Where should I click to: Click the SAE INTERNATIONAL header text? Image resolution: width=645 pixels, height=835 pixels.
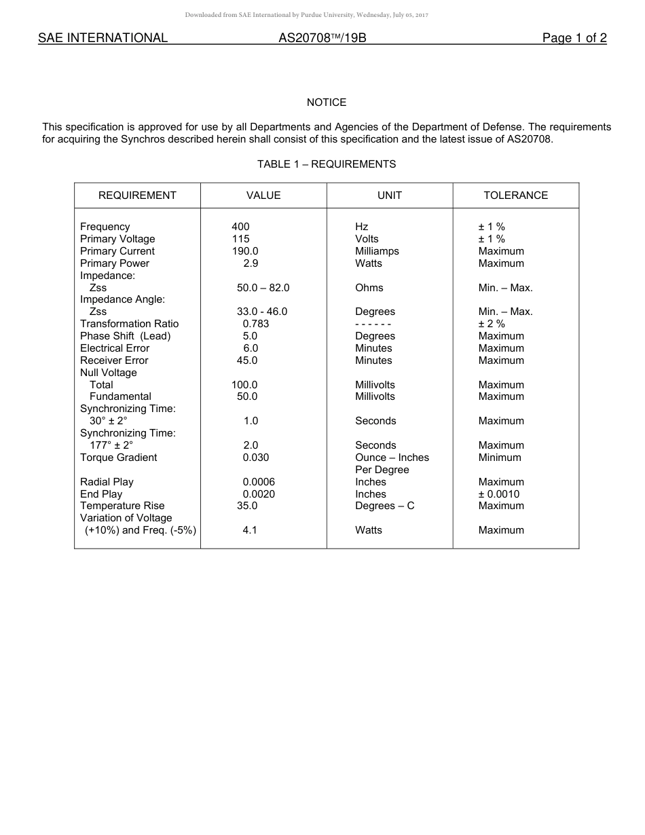(x=103, y=38)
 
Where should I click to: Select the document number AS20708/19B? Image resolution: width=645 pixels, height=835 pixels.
(x=322, y=38)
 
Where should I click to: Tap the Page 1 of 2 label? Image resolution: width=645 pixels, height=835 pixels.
(x=574, y=38)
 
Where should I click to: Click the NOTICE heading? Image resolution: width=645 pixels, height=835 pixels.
(x=327, y=103)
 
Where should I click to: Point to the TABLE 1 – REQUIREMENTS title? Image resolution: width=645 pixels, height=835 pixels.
(x=327, y=164)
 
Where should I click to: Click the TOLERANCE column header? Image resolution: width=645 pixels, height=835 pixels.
(x=515, y=196)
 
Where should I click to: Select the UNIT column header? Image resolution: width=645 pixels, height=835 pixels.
(x=390, y=196)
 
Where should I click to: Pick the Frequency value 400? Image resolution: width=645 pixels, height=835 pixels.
(x=240, y=227)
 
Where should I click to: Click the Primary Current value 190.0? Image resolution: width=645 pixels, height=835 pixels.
(x=244, y=251)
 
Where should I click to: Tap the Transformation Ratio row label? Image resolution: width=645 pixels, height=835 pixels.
(x=129, y=324)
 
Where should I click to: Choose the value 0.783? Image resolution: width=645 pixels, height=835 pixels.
(x=255, y=324)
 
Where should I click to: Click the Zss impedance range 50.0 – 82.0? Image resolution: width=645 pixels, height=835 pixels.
(x=263, y=288)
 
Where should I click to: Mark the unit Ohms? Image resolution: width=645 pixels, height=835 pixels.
(x=369, y=288)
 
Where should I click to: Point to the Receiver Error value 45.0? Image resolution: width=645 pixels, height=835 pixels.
(x=246, y=360)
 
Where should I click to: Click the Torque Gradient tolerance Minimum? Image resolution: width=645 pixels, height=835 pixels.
(x=500, y=458)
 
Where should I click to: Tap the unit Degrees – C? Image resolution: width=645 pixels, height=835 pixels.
(x=384, y=506)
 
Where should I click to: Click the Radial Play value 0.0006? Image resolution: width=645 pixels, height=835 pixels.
(x=259, y=482)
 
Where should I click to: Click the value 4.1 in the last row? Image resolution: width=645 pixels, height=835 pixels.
(x=250, y=530)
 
